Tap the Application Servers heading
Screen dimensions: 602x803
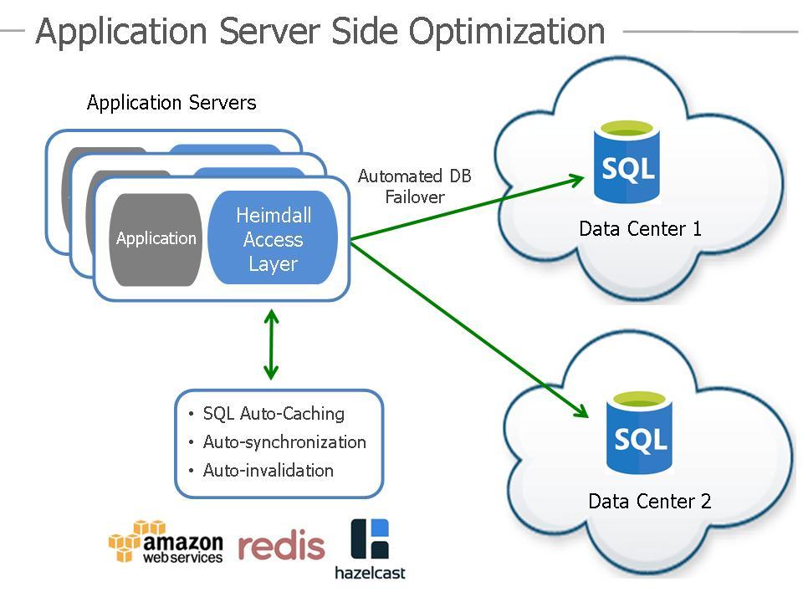pyautogui.click(x=171, y=104)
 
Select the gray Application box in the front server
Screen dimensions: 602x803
pyautogui.click(x=156, y=239)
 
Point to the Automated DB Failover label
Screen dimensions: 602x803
pyautogui.click(x=415, y=186)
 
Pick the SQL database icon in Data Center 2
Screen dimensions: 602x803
pyautogui.click(x=641, y=433)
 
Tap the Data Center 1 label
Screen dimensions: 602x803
pyautogui.click(x=641, y=229)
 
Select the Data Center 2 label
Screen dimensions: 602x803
pyautogui.click(x=650, y=502)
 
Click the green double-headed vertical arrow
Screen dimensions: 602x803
pyautogui.click(x=270, y=344)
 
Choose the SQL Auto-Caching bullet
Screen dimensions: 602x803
pyautogui.click(x=274, y=414)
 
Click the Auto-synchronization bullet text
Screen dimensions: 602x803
pyautogui.click(x=284, y=442)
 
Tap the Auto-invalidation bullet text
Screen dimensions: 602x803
pyautogui.click(x=268, y=471)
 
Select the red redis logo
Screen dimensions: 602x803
pyautogui.click(x=281, y=546)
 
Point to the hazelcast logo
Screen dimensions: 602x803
pyautogui.click(x=370, y=549)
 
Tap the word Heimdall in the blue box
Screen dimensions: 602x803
pyautogui.click(x=274, y=216)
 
